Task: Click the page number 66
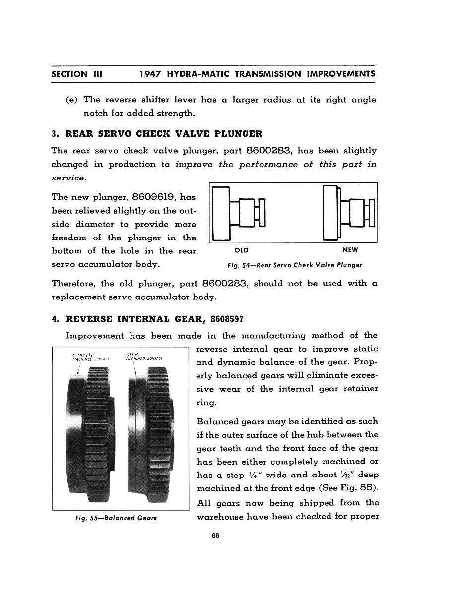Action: [215, 536]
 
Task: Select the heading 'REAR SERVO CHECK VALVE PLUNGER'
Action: [164, 134]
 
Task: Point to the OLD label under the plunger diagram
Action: [241, 250]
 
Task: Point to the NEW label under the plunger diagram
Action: [350, 250]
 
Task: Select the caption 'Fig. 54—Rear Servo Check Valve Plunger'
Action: [295, 265]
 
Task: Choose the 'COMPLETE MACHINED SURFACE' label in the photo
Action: [91, 357]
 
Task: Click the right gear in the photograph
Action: [151, 431]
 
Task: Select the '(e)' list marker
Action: [72, 100]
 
